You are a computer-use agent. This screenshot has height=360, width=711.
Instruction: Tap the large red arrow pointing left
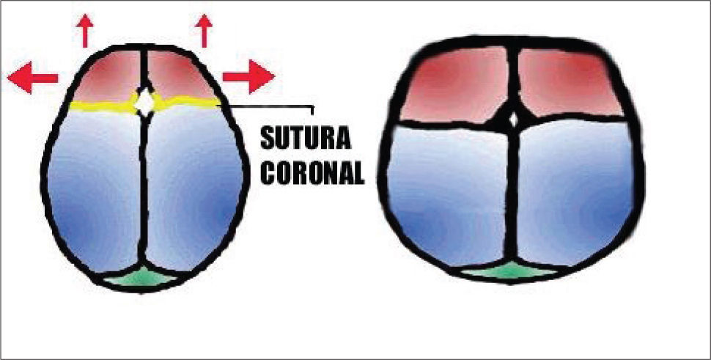pos(32,77)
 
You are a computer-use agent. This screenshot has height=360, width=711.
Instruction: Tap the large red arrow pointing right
pos(249,76)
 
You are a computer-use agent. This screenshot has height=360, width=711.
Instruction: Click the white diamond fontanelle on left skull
pos(147,102)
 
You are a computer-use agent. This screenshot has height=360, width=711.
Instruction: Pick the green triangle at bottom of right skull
pos(508,272)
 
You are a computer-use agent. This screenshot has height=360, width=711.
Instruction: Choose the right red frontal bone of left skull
pos(178,75)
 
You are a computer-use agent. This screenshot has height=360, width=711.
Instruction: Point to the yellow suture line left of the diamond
pos(103,107)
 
